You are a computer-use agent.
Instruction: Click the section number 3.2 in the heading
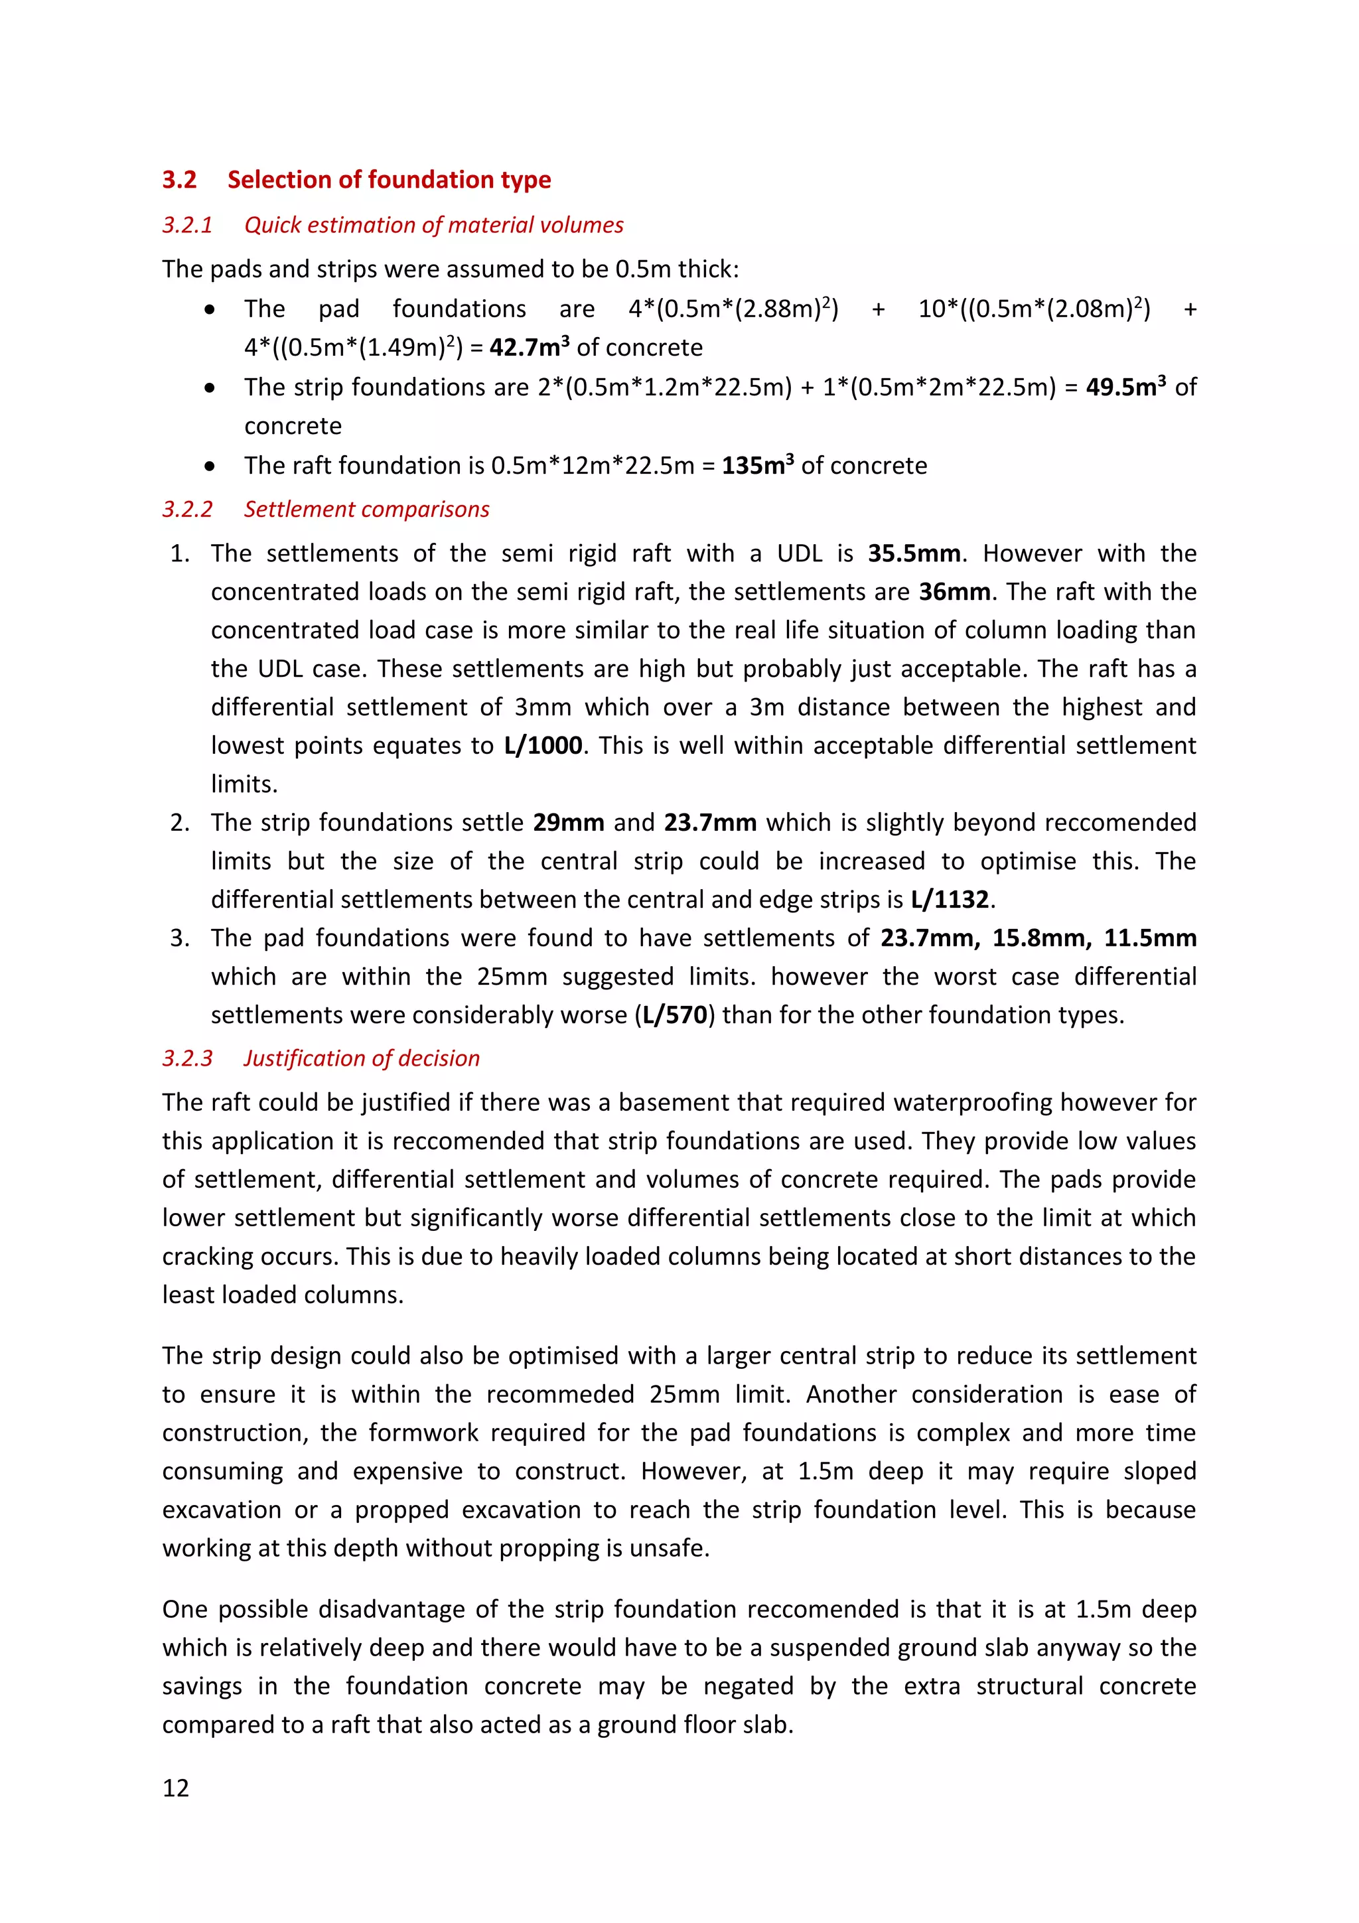click(179, 179)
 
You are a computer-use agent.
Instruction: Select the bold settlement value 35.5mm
click(914, 553)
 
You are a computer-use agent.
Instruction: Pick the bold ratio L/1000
click(543, 745)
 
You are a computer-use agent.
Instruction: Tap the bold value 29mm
click(569, 821)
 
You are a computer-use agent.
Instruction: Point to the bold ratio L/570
click(675, 1015)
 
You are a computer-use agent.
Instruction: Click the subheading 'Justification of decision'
click(361, 1058)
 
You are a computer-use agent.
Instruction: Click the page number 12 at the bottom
click(176, 1788)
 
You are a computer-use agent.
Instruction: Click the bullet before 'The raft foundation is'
click(209, 466)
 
